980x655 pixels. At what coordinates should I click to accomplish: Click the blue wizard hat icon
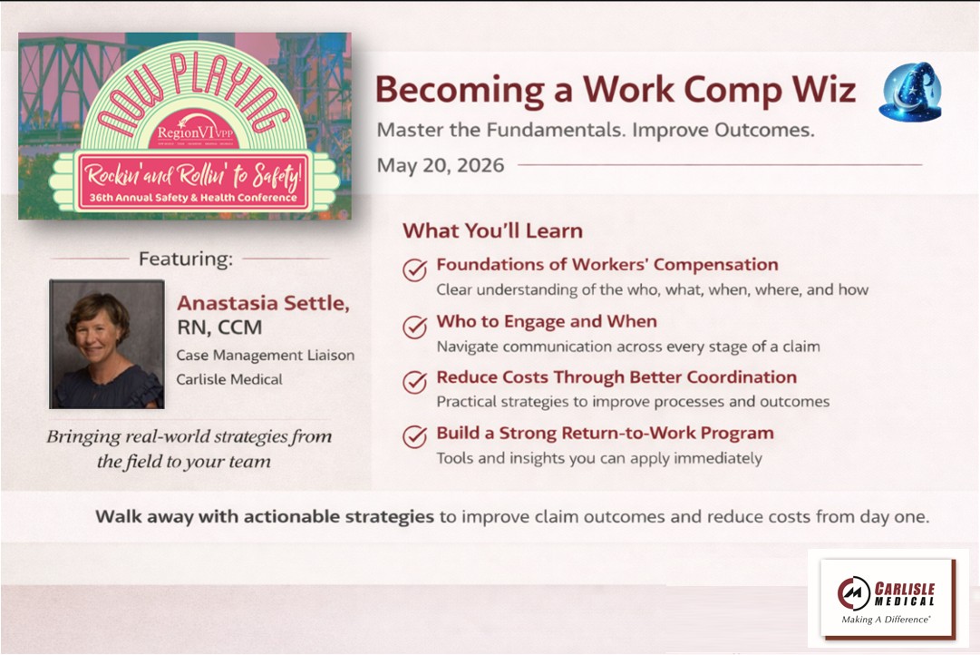point(910,92)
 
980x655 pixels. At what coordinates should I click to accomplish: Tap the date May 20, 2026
point(440,165)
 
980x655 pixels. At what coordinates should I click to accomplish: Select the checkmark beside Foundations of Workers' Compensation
point(414,269)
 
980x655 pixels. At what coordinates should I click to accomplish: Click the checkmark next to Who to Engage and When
point(414,326)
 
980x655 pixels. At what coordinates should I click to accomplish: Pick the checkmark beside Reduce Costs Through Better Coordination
point(414,382)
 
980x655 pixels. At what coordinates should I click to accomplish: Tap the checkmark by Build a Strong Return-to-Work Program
point(414,436)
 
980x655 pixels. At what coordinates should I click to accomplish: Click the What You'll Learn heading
point(492,230)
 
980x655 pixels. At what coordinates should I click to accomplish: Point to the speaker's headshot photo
point(107,344)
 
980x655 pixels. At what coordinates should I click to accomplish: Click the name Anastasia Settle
point(263,303)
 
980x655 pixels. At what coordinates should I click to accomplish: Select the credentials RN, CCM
point(219,327)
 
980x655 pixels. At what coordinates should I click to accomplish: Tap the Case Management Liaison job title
point(265,356)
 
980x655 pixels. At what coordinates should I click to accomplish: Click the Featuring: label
point(186,259)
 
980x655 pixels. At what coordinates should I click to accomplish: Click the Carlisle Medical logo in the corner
point(888,599)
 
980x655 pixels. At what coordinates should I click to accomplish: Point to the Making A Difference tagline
point(886,620)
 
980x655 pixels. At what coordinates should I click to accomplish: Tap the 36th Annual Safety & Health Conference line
point(193,198)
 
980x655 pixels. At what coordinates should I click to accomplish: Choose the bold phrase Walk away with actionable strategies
point(265,517)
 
